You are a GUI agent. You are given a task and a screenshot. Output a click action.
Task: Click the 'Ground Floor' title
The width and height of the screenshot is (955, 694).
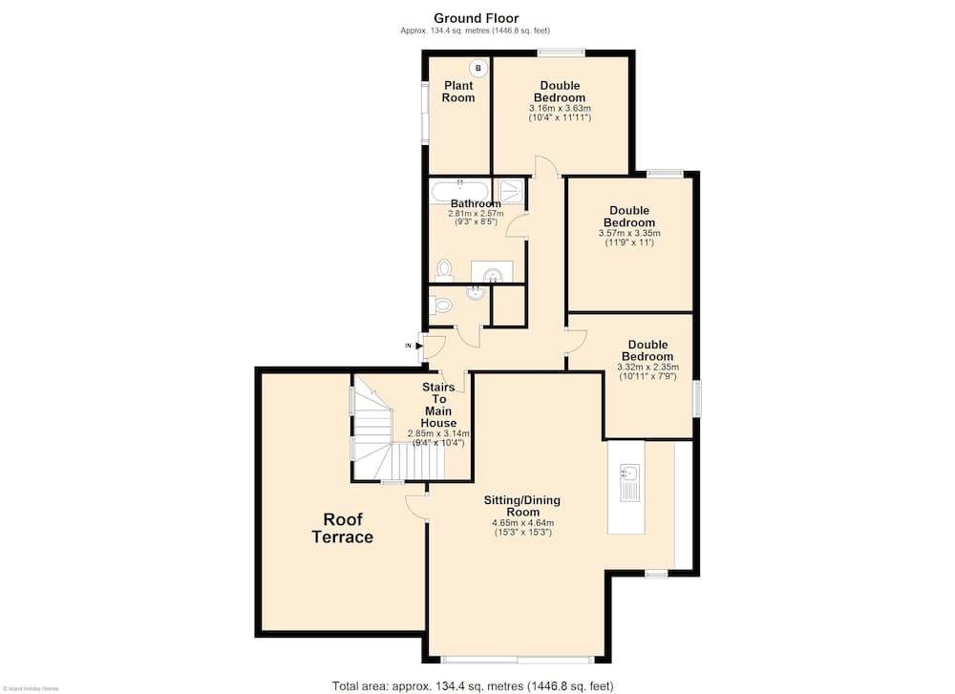tap(476, 17)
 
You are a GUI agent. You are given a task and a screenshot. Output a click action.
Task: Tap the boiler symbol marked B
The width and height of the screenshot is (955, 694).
tap(478, 68)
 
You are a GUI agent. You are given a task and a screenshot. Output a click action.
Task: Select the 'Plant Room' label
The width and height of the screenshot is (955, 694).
tap(457, 92)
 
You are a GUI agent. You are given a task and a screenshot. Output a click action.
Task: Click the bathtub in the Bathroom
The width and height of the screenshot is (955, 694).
tap(459, 190)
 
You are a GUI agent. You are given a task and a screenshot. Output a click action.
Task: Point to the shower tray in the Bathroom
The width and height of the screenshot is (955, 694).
tap(512, 190)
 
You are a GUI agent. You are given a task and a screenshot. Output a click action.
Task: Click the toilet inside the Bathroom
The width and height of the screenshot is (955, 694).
tap(443, 267)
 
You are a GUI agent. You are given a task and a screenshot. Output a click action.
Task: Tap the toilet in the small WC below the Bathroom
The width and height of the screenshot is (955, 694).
tap(441, 305)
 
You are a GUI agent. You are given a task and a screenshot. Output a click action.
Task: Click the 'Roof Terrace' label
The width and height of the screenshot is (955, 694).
tap(342, 528)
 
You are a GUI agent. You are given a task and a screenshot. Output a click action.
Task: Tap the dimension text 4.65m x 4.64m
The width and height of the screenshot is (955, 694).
tap(521, 522)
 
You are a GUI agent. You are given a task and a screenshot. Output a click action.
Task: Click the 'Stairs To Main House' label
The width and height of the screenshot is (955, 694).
tap(438, 405)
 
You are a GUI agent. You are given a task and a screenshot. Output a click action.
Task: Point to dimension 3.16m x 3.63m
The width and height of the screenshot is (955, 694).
tap(560, 109)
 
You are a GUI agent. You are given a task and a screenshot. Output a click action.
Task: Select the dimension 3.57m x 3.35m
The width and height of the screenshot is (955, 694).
tap(628, 233)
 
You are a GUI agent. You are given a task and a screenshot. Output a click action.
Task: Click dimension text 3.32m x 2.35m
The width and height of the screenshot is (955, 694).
tap(648, 367)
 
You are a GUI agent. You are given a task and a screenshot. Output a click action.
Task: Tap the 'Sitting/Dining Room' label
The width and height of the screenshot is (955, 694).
tap(521, 506)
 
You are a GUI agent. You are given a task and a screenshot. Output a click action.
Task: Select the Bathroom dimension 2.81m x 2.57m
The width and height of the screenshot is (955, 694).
tap(476, 213)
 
